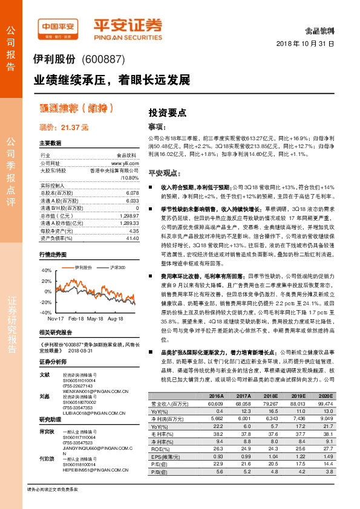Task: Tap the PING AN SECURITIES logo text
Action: (128, 36)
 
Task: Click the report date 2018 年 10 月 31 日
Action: (305, 44)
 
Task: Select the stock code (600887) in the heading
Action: (102, 59)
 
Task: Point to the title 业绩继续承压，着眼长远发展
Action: (111, 80)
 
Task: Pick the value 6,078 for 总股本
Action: (133, 192)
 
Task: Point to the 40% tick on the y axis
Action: (47, 271)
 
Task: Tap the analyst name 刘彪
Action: (44, 397)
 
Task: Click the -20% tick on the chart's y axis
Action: (47, 302)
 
